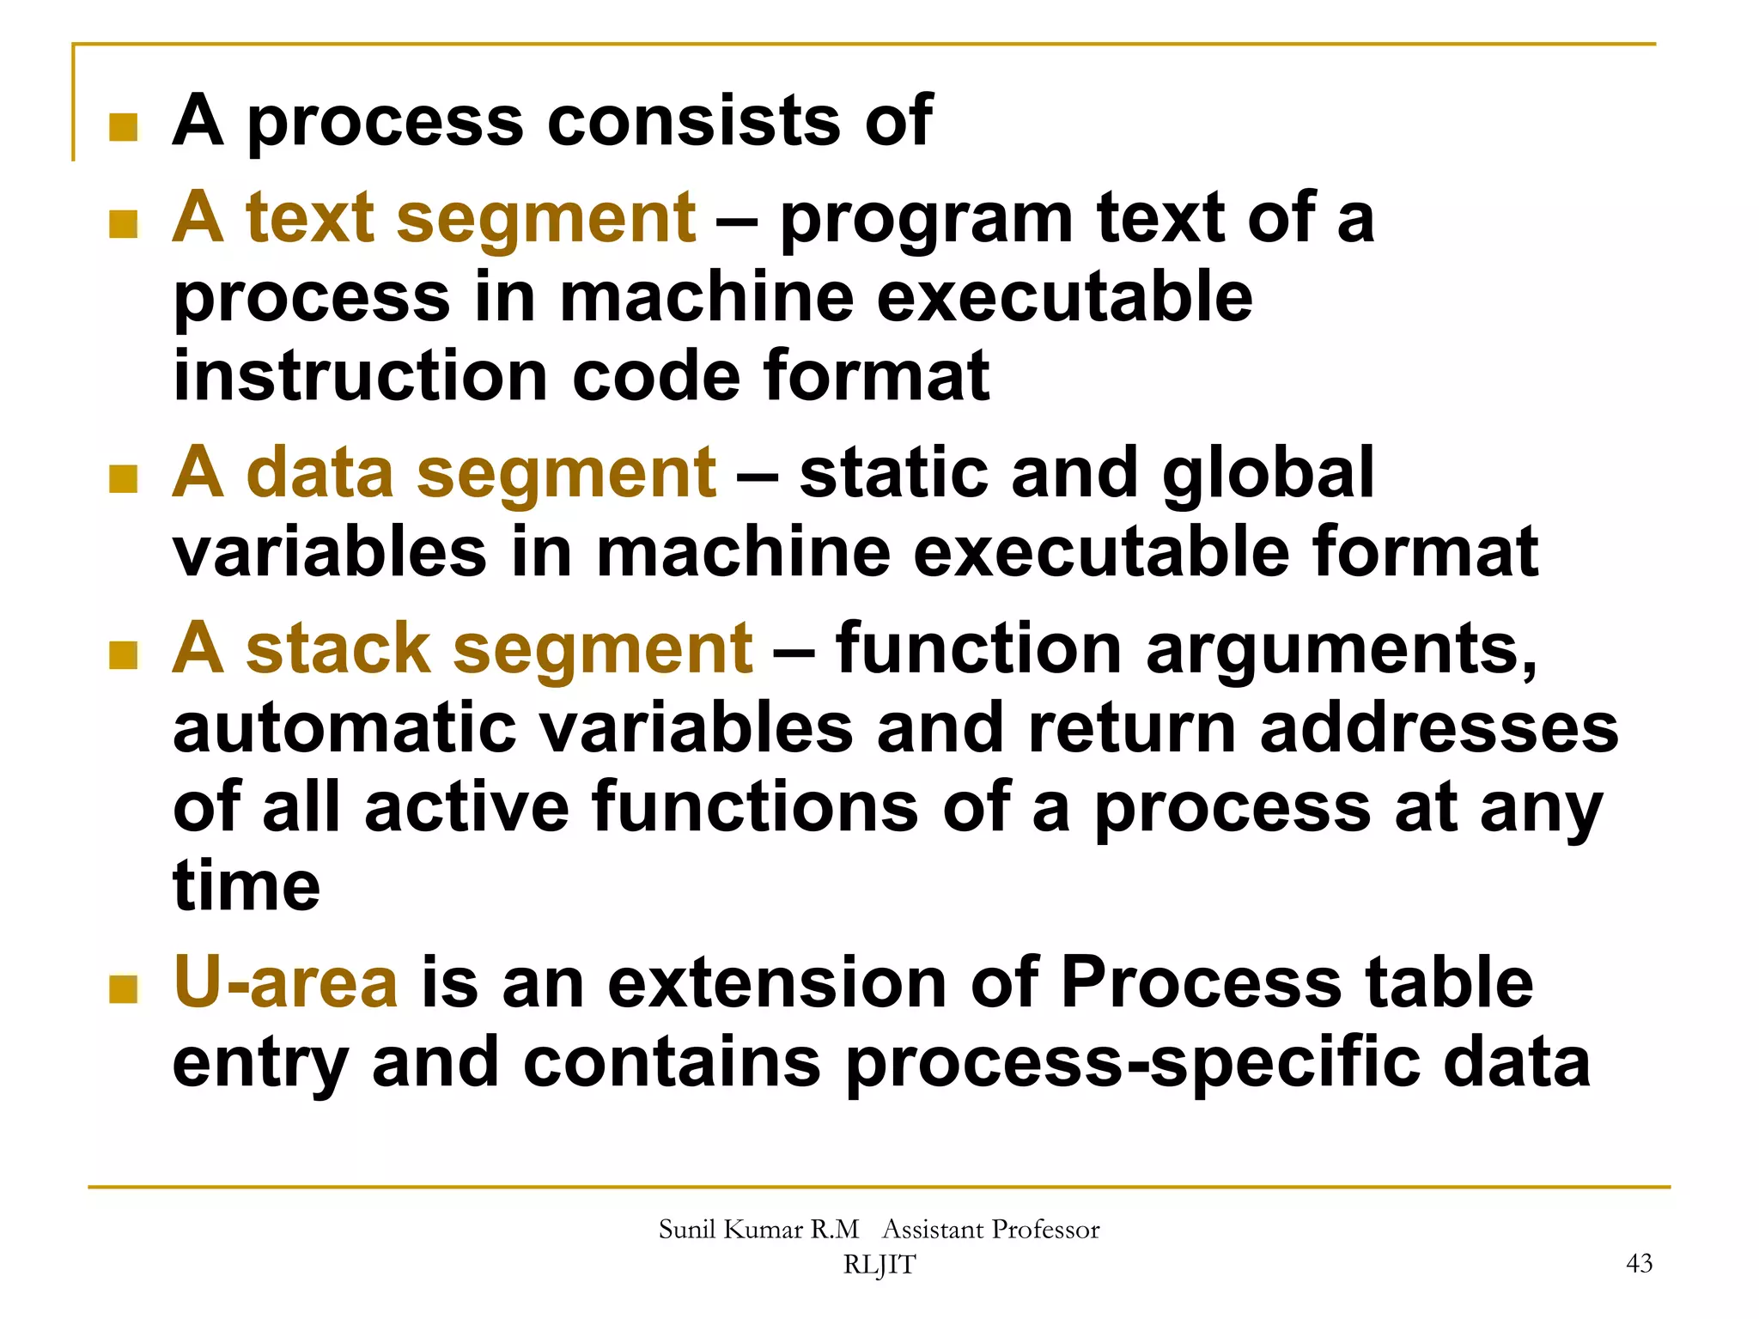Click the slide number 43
click(1639, 1263)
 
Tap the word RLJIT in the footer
click(879, 1265)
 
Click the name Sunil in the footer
click(687, 1229)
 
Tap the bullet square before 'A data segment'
click(124, 479)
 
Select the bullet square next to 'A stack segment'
click(124, 654)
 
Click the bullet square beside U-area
click(124, 989)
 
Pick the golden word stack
click(337, 647)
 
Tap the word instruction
click(360, 376)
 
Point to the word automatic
click(344, 728)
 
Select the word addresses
click(1439, 728)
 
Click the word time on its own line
click(247, 886)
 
